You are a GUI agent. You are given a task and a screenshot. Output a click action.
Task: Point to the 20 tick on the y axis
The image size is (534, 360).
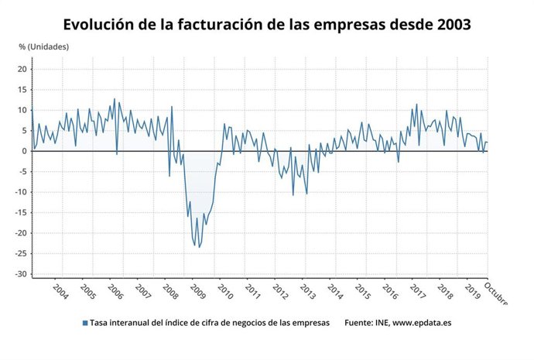point(22,69)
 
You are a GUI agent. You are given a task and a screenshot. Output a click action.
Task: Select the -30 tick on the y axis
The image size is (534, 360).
point(21,274)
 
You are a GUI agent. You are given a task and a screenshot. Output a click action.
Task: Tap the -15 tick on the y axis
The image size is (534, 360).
point(21,212)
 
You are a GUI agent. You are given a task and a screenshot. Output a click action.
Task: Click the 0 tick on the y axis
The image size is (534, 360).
point(25,151)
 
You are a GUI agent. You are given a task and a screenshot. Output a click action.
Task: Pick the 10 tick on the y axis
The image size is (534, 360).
point(22,110)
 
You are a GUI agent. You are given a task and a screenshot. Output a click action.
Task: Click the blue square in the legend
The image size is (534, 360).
point(84,323)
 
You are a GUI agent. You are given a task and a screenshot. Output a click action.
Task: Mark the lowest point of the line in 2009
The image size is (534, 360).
point(198,248)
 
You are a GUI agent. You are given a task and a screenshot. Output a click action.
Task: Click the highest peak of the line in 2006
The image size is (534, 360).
point(115,98)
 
